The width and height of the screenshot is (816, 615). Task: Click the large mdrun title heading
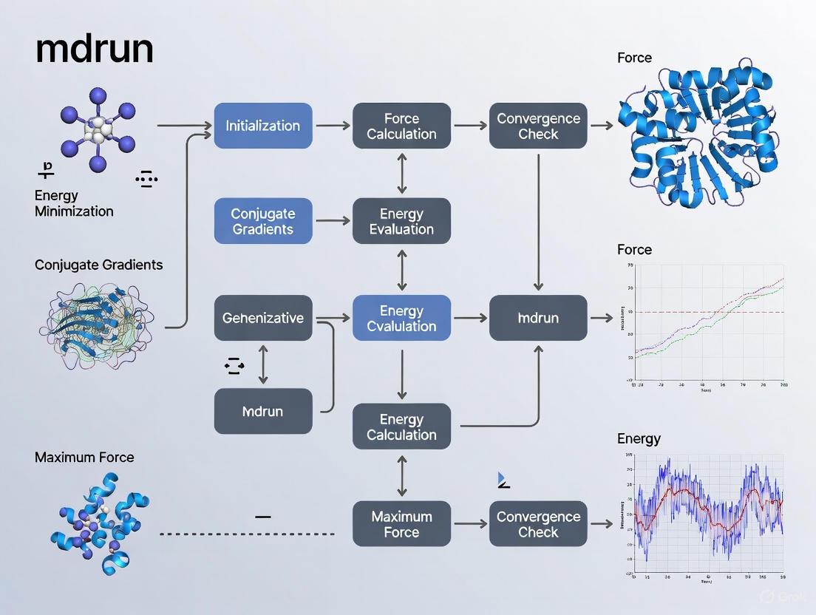(x=94, y=49)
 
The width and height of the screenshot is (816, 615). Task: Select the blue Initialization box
(x=262, y=126)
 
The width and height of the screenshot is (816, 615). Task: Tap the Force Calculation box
(x=401, y=126)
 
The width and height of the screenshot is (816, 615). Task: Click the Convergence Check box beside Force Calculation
(x=538, y=126)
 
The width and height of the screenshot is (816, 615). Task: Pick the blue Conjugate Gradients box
(x=262, y=221)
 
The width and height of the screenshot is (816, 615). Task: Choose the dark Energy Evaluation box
(x=401, y=221)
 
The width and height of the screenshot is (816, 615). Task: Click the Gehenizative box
(x=262, y=318)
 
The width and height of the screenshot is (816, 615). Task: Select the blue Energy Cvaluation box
(x=401, y=318)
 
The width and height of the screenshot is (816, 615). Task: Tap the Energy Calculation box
(x=401, y=427)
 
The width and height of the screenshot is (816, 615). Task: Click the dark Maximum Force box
(x=401, y=524)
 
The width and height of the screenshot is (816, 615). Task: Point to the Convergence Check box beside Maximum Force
(x=538, y=524)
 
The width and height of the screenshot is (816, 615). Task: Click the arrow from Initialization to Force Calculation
(x=333, y=126)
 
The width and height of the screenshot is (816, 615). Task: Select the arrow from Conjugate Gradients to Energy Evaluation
(x=333, y=221)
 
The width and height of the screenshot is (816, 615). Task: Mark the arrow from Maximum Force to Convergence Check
(x=470, y=524)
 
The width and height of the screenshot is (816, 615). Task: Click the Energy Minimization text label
(x=74, y=203)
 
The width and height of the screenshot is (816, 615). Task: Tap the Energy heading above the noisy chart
(x=639, y=438)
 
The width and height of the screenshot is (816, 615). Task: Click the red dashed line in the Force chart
(x=702, y=312)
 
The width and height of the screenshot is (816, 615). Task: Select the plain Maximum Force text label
(x=84, y=457)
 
